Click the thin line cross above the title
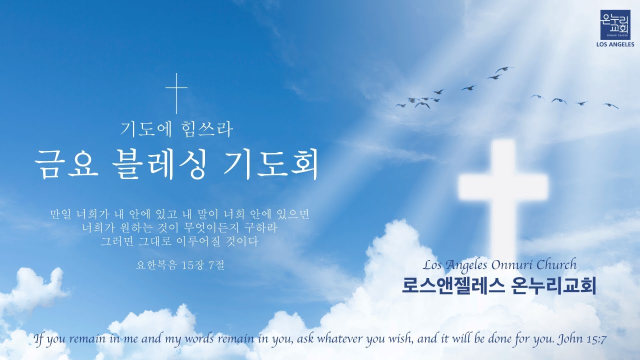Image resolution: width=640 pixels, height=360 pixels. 176,92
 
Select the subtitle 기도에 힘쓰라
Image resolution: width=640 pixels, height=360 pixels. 176,130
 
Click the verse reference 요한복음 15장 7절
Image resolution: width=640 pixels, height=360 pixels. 180,265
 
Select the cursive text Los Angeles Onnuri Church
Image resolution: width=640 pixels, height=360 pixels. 499,264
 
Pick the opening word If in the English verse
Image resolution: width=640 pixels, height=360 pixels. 38,339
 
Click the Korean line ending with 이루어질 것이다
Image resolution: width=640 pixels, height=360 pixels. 179,242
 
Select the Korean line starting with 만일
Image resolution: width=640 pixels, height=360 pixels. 179,215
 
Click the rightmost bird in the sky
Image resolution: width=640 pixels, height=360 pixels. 610,105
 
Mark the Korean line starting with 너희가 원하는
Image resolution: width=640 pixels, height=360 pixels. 179,228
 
